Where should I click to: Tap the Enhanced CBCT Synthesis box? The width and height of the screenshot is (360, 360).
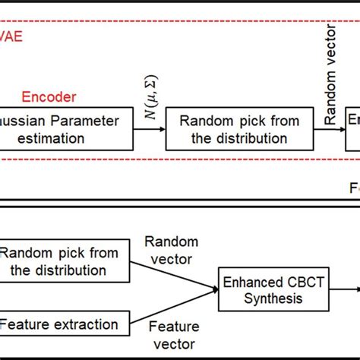pos(263,291)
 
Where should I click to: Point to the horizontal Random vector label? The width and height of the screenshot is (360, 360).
pos(172,249)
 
